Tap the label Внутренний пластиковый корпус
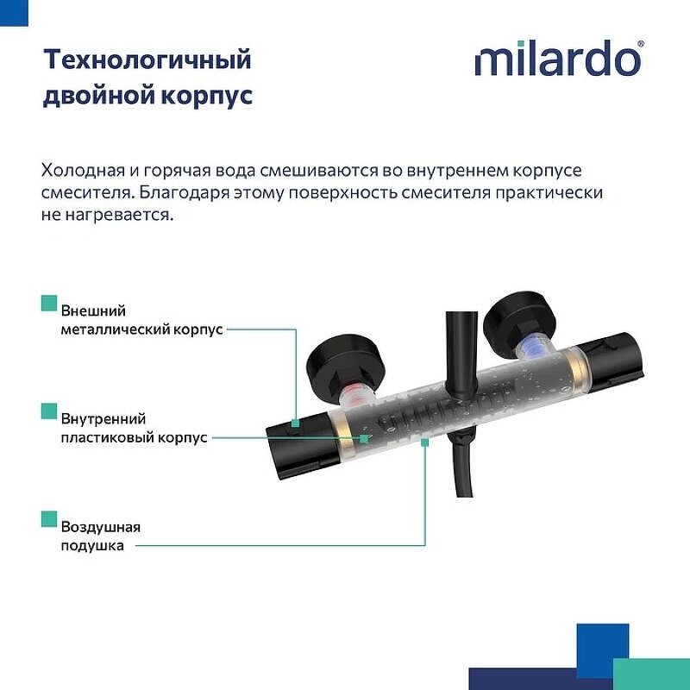click(134, 428)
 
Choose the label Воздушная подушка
click(100, 536)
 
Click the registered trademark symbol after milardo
click(639, 43)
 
